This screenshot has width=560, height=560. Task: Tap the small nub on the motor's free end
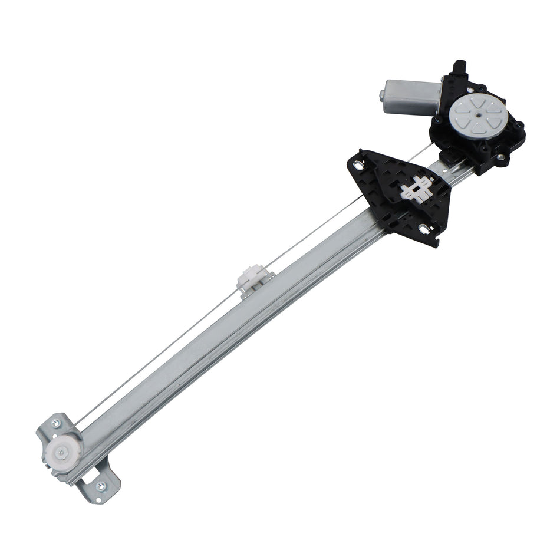pos(381,95)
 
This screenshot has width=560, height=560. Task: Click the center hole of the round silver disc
pos(475,113)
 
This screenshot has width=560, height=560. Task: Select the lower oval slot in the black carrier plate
pos(425,228)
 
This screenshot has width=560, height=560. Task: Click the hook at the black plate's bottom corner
pos(437,242)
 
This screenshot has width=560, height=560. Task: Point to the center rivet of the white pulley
pos(61,453)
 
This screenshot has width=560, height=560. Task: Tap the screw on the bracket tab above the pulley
pos(56,422)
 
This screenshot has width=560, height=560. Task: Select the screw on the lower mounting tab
pos(100,486)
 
